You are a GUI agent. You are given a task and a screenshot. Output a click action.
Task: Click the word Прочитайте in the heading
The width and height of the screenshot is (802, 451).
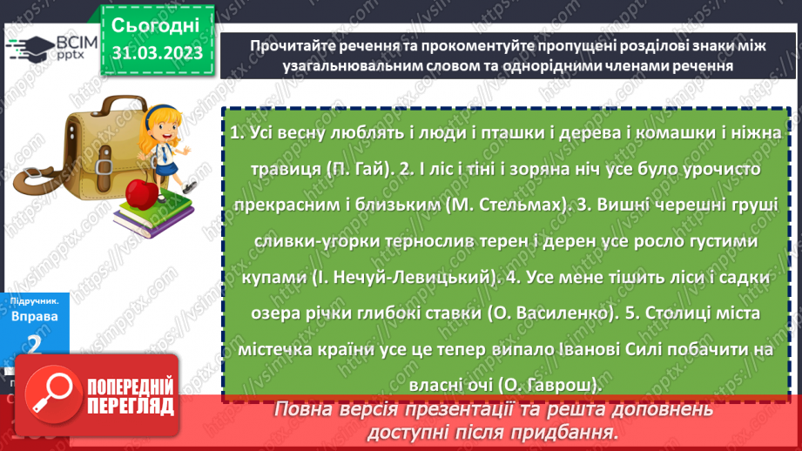[x=292, y=47]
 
